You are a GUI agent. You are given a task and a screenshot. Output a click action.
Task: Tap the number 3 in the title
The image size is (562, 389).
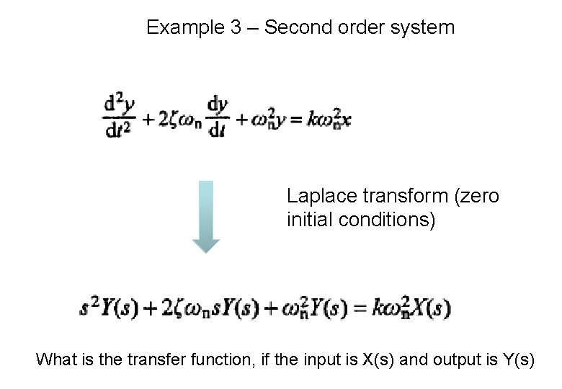tap(231, 28)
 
